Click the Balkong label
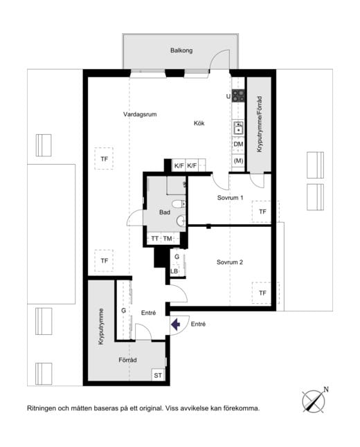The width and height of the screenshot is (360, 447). tap(181, 51)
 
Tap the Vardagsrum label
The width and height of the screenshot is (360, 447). tap(140, 114)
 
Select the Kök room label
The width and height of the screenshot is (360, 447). tap(199, 123)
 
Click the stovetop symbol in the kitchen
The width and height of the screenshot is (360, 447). tap(238, 95)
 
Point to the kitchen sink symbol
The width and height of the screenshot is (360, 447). tap(238, 127)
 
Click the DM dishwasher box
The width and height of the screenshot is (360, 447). tap(238, 144)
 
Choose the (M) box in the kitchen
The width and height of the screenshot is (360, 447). tap(238, 161)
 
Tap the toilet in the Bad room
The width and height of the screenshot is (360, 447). tap(179, 204)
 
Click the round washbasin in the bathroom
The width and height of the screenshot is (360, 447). tap(181, 220)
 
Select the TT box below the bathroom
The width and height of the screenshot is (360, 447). tap(154, 238)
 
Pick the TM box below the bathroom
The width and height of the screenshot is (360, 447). tap(168, 238)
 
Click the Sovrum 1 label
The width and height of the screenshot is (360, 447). tap(231, 198)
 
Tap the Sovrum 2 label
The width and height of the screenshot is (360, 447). tap(230, 262)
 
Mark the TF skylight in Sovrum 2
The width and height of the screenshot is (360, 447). tap(262, 293)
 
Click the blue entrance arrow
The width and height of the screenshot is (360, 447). tap(175, 324)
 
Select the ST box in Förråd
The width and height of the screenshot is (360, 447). tap(158, 375)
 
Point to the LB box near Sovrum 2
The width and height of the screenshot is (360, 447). tap(174, 271)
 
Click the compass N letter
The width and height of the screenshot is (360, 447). tap(326, 390)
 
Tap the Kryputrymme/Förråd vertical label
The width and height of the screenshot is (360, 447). tap(260, 124)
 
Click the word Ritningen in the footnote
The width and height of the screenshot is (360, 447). tap(42, 408)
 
